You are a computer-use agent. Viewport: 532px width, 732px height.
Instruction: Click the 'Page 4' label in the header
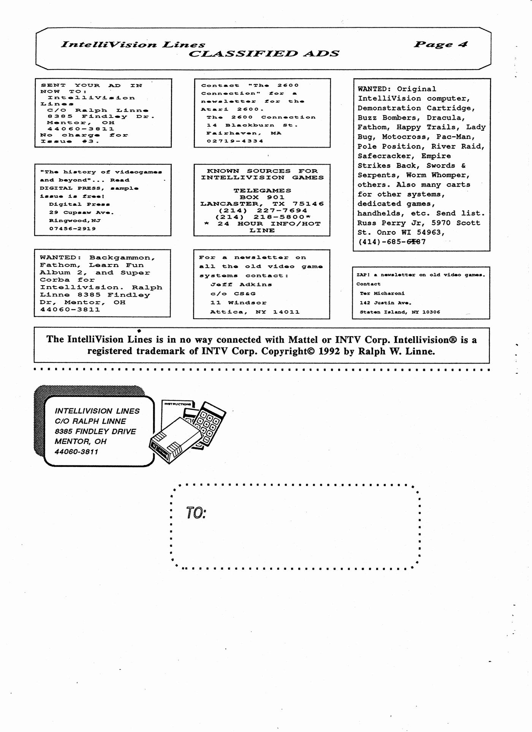[440, 44]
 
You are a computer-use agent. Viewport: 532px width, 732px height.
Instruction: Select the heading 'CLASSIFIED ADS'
[264, 54]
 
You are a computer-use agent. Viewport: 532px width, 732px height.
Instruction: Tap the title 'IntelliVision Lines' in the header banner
[133, 44]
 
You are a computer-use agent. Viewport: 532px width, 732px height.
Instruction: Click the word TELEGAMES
[262, 191]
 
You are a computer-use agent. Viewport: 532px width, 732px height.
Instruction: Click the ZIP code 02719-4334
[235, 141]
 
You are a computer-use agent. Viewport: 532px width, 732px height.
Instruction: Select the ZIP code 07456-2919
[72, 229]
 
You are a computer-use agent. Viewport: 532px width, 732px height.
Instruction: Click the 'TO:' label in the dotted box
[196, 513]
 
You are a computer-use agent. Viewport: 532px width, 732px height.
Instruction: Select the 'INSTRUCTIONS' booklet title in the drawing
[177, 404]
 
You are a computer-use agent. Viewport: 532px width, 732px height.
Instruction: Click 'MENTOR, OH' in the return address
[81, 441]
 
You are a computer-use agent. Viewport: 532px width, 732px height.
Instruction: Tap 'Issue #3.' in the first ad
[70, 141]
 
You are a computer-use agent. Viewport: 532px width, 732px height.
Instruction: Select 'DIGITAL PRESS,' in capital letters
[72, 188]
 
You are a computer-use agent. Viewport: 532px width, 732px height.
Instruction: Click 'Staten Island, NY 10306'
[400, 312]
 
